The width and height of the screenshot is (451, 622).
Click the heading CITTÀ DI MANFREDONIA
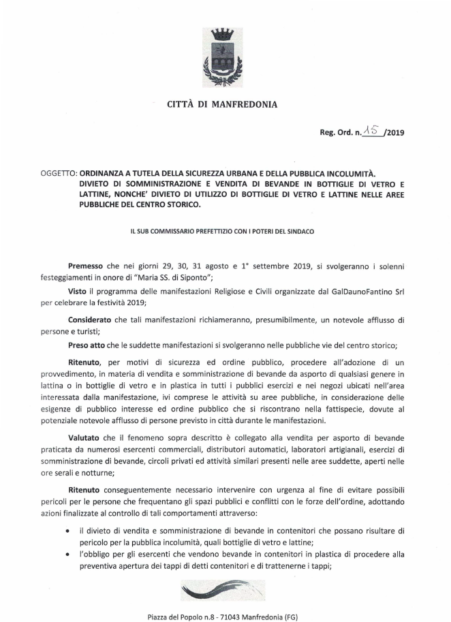click(223, 105)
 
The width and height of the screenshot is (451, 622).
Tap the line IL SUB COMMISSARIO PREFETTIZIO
click(223, 231)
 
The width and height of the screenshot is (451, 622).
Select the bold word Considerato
click(92, 319)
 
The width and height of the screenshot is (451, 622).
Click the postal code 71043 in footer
click(238, 617)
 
